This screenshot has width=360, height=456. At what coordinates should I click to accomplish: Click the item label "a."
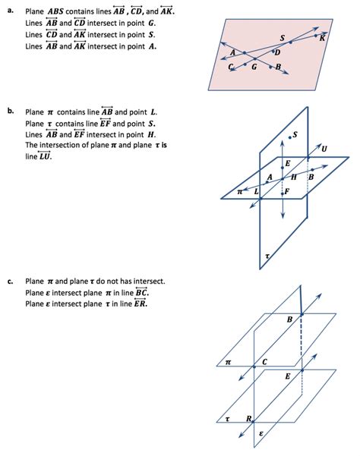tap(11, 11)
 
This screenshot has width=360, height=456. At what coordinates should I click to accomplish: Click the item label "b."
tap(11, 111)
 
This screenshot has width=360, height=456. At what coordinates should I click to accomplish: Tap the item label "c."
tap(11, 281)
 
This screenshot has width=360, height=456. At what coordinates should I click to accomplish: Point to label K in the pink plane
tap(322, 39)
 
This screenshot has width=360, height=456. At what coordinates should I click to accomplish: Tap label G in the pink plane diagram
tap(254, 68)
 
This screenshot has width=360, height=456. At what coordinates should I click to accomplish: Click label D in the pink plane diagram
tap(277, 52)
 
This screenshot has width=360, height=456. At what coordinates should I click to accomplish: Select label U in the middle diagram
tap(324, 149)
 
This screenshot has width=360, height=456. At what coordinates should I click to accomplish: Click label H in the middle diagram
tap(293, 177)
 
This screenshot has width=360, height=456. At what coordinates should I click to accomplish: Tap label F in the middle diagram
tap(287, 191)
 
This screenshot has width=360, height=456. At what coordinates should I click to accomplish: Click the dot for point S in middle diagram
tap(289, 137)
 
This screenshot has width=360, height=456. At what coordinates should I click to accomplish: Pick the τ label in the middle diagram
tap(267, 256)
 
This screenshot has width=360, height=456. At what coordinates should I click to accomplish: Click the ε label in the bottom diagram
tap(261, 433)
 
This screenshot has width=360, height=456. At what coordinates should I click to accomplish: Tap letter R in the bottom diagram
tap(249, 419)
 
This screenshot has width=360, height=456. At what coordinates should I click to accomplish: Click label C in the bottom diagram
tap(264, 362)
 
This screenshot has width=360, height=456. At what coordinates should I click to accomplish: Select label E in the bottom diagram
tap(288, 376)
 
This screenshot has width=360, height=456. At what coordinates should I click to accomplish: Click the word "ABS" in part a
tap(55, 11)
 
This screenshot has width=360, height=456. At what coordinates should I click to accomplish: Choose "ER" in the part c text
tap(140, 303)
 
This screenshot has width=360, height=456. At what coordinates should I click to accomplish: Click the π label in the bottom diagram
tap(228, 363)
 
